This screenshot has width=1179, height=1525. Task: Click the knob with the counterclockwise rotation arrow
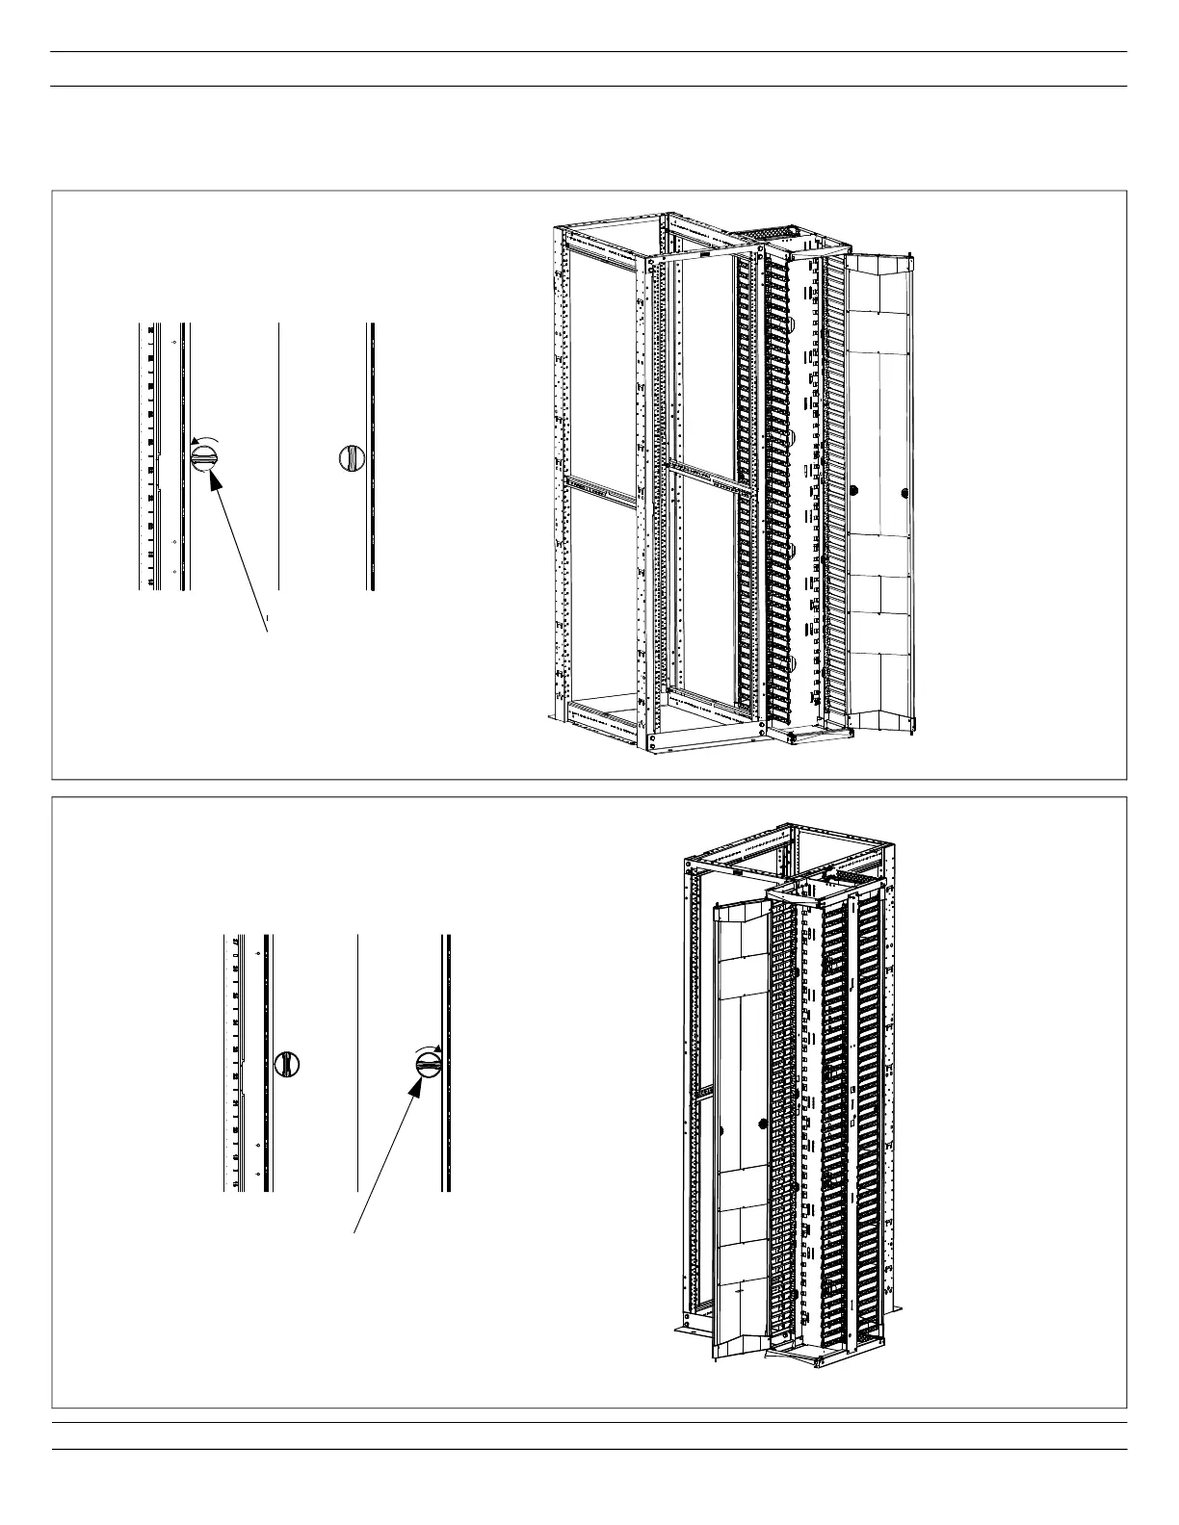click(205, 456)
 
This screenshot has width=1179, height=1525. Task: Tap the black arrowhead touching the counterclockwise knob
click(215, 478)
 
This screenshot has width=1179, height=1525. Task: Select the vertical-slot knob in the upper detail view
click(352, 457)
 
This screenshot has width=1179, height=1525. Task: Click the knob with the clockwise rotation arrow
click(429, 1065)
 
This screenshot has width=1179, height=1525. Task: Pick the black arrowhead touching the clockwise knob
click(417, 1086)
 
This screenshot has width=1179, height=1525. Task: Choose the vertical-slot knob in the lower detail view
click(287, 1064)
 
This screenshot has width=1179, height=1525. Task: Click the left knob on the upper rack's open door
click(851, 492)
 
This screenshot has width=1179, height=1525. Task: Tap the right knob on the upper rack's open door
click(904, 493)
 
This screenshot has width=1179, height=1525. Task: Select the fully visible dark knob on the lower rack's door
click(762, 1123)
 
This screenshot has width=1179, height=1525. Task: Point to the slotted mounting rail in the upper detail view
click(150, 456)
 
